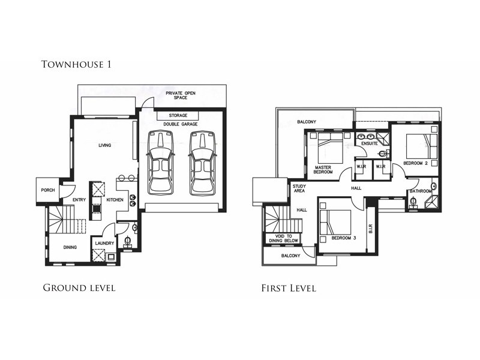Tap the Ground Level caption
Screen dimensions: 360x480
click(x=79, y=288)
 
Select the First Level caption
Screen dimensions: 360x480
click(x=288, y=288)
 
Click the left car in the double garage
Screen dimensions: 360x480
click(x=161, y=163)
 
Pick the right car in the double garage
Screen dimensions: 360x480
click(x=202, y=163)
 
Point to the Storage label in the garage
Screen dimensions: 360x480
click(x=178, y=115)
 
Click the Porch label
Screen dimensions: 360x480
click(x=48, y=190)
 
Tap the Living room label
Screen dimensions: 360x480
click(x=105, y=145)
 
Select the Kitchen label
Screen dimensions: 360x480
click(x=115, y=199)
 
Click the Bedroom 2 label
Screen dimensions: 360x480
click(x=415, y=163)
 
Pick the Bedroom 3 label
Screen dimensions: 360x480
click(x=343, y=238)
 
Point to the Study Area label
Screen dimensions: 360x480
click(x=299, y=188)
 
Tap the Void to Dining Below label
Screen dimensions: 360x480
click(x=283, y=238)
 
